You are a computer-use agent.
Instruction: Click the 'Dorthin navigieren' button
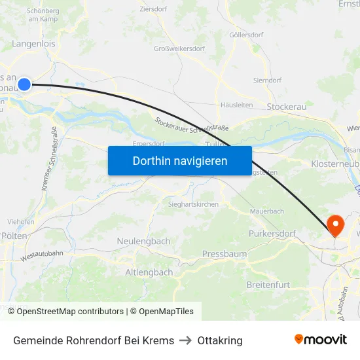click(180, 160)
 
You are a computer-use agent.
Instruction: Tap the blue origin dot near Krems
click(24, 84)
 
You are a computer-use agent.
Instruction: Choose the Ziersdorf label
click(155, 10)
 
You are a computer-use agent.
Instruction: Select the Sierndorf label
click(267, 80)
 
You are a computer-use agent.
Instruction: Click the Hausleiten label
click(236, 105)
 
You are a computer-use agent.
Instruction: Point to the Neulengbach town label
click(143, 241)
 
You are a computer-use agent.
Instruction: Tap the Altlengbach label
click(149, 272)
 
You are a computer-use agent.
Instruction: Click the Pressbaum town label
click(225, 253)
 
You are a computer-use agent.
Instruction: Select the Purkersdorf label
click(272, 233)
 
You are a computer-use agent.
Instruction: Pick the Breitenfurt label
click(268, 285)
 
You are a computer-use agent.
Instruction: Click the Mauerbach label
click(267, 211)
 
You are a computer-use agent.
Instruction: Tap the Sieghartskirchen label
click(190, 204)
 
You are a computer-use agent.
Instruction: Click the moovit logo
click(321, 340)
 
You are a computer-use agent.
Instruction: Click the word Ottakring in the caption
click(220, 340)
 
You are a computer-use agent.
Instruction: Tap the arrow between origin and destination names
click(186, 340)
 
